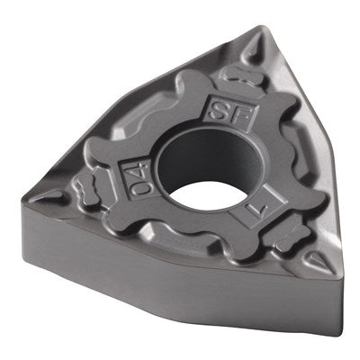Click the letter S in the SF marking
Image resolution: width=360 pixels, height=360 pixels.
pos(219,112)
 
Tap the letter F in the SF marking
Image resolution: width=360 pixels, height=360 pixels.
pos(239,116)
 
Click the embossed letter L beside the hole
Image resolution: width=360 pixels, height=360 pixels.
pos(259,209)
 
